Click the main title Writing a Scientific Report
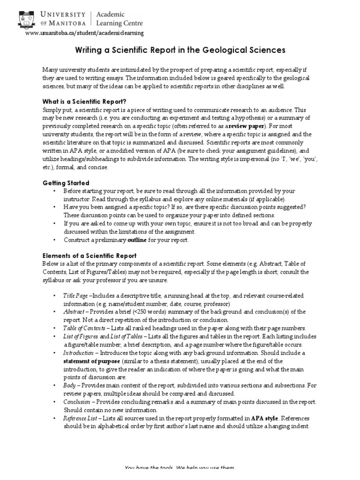(x=180, y=50)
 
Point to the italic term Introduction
(x=78, y=352)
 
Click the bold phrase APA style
(x=265, y=418)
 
